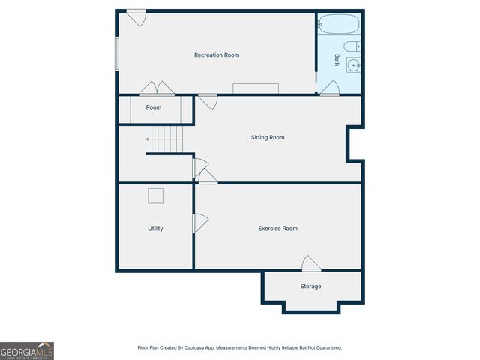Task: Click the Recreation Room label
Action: point(217,55)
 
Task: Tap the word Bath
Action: point(337,60)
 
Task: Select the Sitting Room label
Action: point(268,138)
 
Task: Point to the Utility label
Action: point(155,229)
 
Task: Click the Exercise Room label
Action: point(278,229)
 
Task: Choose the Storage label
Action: point(311,286)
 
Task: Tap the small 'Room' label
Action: point(154,108)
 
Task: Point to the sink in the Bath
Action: point(355,66)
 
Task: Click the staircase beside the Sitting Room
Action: point(164,139)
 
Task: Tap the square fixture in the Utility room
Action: point(155,196)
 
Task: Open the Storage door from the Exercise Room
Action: point(310,263)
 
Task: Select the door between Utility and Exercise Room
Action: point(200,223)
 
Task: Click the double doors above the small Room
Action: point(157,88)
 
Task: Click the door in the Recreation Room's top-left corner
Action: point(136,17)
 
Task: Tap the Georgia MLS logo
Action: point(27,350)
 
